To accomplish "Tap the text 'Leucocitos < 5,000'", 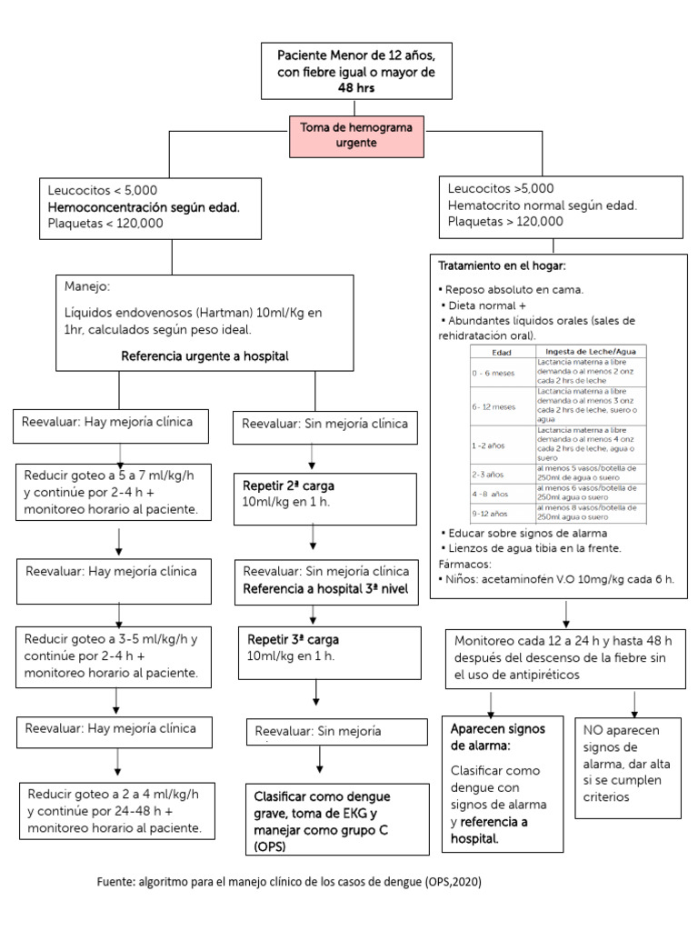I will pos(104,190).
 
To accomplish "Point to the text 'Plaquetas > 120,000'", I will pos(505,221).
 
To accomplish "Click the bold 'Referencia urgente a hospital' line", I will pos(204,355).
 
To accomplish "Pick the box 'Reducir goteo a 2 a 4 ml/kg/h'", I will pos(119,810).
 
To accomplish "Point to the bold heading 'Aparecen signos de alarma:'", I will pos(492,737).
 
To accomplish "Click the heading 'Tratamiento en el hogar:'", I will pos(502,265).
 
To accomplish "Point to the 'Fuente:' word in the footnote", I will pos(115,882).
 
